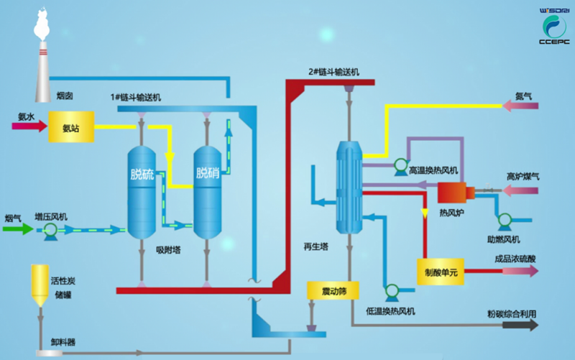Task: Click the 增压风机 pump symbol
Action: point(51,229)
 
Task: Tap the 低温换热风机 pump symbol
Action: point(391,291)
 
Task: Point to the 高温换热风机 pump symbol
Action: point(400,167)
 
